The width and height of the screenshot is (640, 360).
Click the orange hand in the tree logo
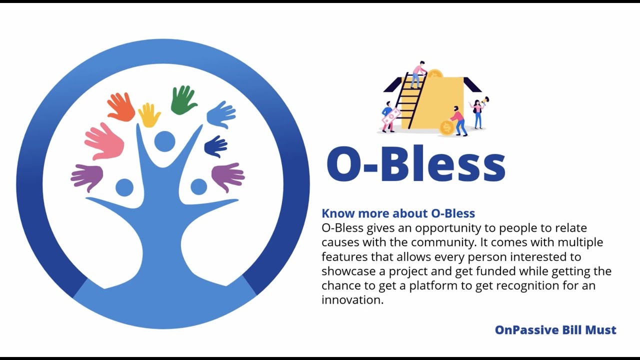(x=120, y=106)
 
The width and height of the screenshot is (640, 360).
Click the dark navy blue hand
(x=216, y=146)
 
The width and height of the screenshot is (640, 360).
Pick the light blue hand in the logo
(x=221, y=114)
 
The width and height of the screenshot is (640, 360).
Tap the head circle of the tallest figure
(x=164, y=141)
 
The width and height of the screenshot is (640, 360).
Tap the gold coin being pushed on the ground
(x=446, y=127)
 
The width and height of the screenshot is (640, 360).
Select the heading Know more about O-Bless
(x=398, y=213)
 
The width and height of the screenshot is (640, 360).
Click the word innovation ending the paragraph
(x=351, y=300)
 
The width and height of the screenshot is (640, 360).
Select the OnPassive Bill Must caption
(x=555, y=330)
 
